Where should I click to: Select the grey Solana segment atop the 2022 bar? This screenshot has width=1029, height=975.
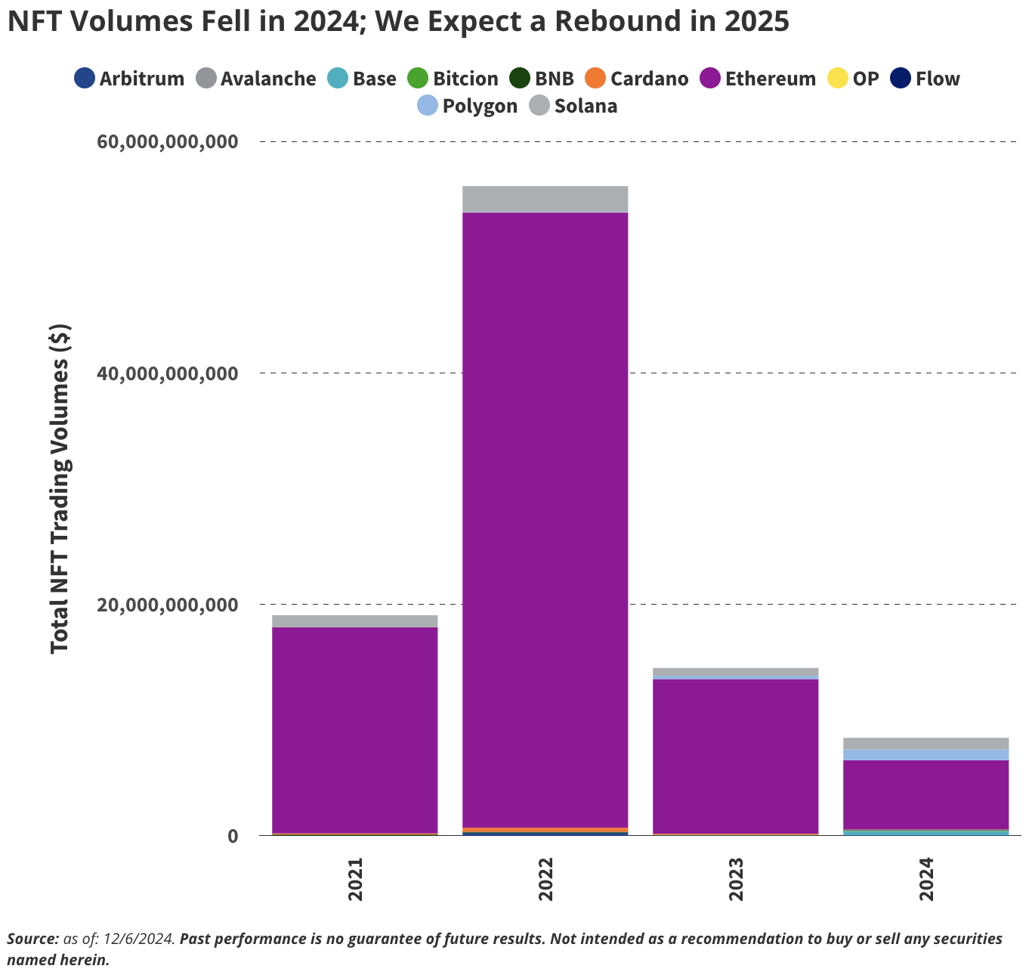[545, 199]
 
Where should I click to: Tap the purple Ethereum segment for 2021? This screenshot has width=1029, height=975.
[354, 729]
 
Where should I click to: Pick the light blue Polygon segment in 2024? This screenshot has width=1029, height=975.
[925, 754]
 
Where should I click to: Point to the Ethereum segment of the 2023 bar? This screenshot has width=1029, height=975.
[735, 756]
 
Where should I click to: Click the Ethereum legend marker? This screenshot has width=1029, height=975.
[711, 79]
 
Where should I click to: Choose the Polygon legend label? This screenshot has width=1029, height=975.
[480, 106]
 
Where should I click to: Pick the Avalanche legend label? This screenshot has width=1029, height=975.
[268, 79]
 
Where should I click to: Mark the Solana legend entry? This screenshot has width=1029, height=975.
[586, 106]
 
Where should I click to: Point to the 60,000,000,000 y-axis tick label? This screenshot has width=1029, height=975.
[168, 141]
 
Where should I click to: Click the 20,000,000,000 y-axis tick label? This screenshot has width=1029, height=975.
[168, 605]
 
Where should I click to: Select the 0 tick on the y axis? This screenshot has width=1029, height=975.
[233, 836]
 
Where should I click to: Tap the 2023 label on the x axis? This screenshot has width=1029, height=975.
[736, 879]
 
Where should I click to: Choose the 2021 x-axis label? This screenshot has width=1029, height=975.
[355, 879]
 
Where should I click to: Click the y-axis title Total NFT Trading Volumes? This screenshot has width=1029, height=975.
[60, 488]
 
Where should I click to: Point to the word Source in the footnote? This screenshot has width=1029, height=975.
[32, 939]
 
